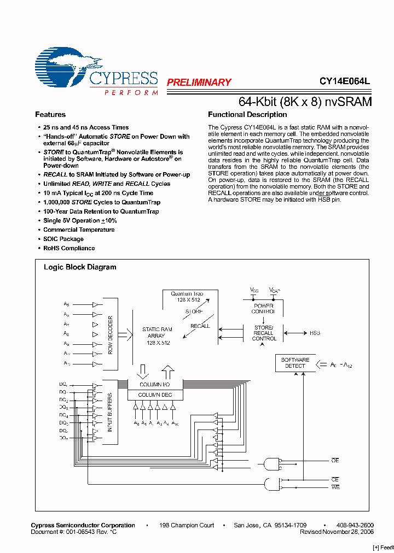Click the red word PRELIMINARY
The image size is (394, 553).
(199, 83)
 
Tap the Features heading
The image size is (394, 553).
(50, 115)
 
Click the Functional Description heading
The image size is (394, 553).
(247, 115)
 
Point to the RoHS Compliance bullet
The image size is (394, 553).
(69, 248)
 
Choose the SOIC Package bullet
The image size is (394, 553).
(63, 239)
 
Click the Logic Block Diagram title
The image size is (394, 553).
(80, 267)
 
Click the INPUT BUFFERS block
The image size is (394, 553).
(110, 412)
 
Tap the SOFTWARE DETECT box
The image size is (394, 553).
(295, 363)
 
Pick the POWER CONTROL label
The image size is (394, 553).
(264, 309)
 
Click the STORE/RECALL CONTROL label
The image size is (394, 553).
(264, 333)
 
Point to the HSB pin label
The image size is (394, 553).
(315, 333)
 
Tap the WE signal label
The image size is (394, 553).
(335, 487)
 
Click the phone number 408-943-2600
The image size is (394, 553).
(355, 525)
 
